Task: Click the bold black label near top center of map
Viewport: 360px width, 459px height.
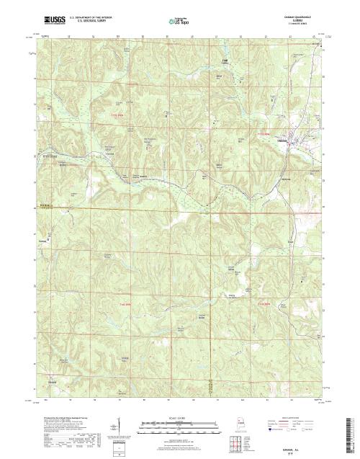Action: click(224, 61)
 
